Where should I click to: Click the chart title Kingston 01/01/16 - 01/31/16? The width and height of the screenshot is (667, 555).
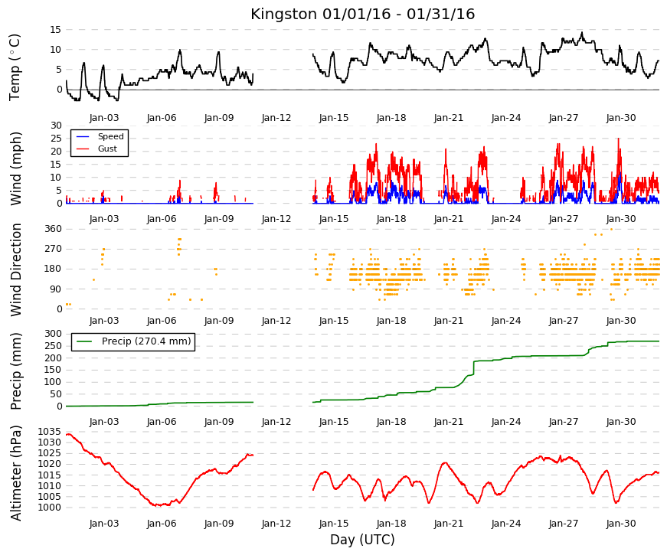pos(362,14)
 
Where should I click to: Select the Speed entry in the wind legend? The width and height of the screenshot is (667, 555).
pos(110,136)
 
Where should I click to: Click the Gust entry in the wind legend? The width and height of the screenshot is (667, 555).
pos(107,149)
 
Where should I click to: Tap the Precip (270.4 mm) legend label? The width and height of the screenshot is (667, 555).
pos(146,341)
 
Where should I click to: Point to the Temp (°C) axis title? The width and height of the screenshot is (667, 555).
pos(15,67)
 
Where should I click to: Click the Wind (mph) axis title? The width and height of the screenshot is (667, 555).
pos(16,169)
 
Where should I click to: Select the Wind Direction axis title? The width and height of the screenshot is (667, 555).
pos(16,269)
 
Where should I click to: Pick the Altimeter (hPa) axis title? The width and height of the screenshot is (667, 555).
pos(16,473)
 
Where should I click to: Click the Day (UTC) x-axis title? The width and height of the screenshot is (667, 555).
pos(362,540)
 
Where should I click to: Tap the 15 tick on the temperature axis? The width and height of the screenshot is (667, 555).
pos(56,30)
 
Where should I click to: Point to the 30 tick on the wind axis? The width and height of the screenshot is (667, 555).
pos(56,126)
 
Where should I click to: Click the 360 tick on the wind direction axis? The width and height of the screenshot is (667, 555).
pos(54,229)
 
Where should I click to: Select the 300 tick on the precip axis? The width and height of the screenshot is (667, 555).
pos(54,334)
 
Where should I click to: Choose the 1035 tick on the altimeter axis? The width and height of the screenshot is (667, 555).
pos(49,432)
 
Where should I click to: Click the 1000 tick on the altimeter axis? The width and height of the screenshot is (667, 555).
pos(49,508)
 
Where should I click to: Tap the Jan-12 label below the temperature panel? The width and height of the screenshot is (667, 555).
pos(276,118)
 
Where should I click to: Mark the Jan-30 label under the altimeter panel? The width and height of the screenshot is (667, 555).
pos(621,524)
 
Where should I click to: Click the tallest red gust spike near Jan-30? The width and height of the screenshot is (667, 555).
pos(619,139)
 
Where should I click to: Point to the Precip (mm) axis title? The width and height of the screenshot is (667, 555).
pos(16,371)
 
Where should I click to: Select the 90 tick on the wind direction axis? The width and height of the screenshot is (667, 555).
pos(57,289)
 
